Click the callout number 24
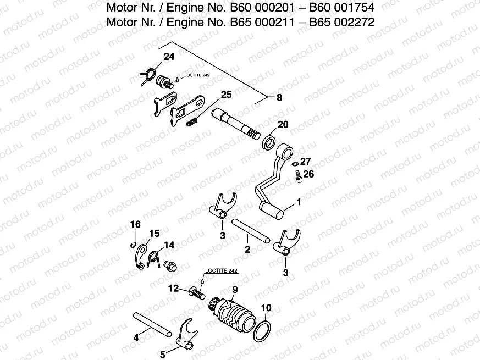pos(168,57)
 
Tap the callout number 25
pos(226,95)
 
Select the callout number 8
pos(279,98)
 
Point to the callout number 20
pos(283,125)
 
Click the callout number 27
pos(305,161)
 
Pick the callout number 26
pos(308,175)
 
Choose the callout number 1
pos(299,202)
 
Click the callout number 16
pos(135,224)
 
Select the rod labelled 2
pos(250,230)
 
